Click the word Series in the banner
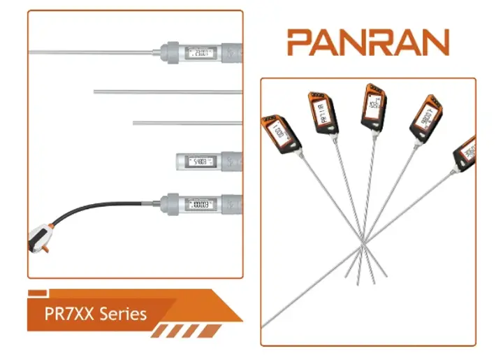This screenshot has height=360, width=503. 123,313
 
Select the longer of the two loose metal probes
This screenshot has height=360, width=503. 168,91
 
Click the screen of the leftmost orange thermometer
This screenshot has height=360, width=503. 279,131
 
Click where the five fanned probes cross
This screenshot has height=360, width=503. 363,247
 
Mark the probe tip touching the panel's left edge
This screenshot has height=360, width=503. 264,324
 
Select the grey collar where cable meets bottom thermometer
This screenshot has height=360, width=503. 168,204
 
